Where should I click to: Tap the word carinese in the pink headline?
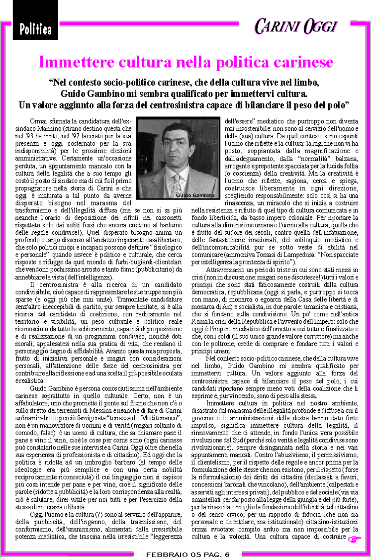[302, 63]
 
